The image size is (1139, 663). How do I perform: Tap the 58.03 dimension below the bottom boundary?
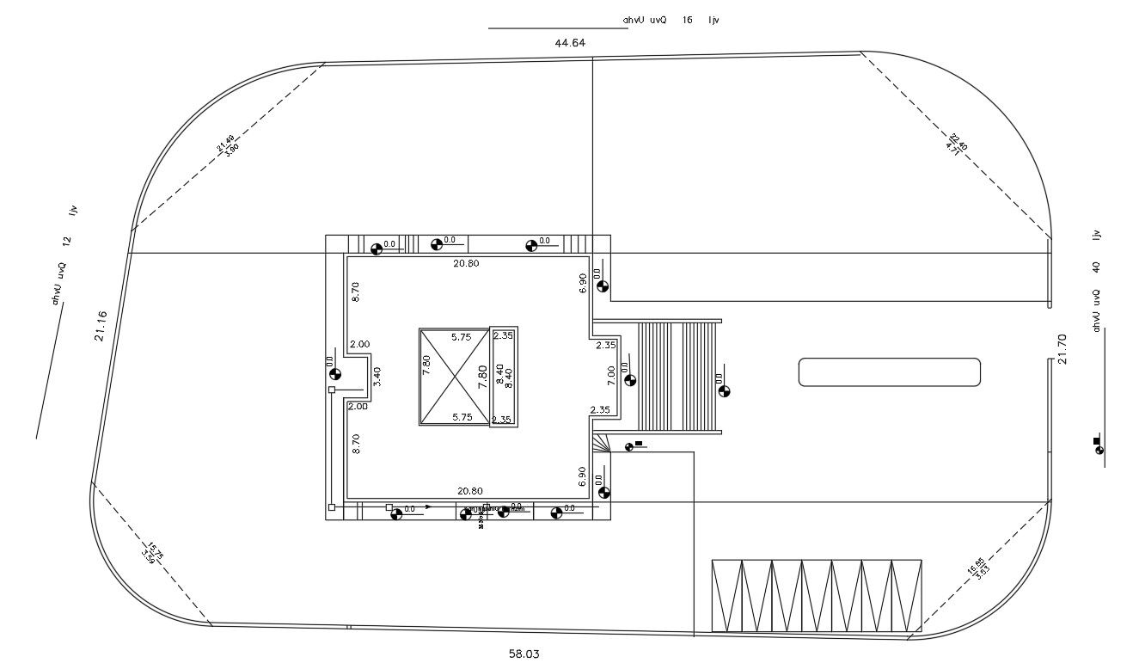pos(524,654)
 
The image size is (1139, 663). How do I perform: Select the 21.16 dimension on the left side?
pos(101,326)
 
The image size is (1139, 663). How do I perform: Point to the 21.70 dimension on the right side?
pos(1063,348)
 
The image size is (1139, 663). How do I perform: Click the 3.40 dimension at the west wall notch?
pos(377,376)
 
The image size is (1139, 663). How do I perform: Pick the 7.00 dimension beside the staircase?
pos(611,376)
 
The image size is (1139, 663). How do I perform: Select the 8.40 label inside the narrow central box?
pos(509,378)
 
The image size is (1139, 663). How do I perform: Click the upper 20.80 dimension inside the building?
pos(466,263)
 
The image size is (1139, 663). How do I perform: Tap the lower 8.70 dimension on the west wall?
pos(356,443)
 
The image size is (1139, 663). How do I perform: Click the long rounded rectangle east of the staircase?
pos(889,372)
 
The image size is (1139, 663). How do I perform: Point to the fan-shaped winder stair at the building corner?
pos(600,442)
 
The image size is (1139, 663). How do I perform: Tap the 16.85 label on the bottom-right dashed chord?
pos(975,568)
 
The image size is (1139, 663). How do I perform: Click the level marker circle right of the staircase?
pos(724,391)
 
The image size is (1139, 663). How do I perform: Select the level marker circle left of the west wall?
pos(334,373)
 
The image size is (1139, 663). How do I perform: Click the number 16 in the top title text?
pos(687,19)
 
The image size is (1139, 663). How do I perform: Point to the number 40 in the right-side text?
pos(1096,267)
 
